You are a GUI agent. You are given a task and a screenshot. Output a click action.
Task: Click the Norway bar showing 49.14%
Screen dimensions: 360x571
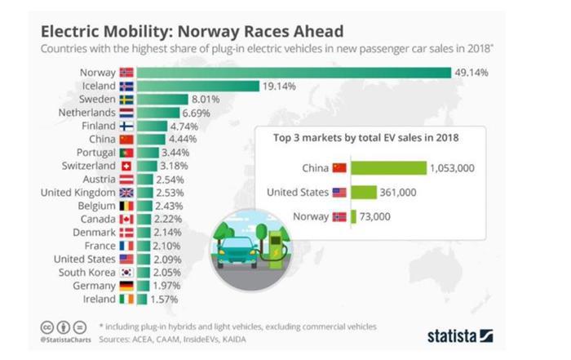pyautogui.click(x=294, y=73)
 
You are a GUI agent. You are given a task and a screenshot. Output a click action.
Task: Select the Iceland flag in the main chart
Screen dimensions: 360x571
pyautogui.click(x=126, y=86)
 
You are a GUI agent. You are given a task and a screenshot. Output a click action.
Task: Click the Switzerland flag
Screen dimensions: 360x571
pyautogui.click(x=126, y=166)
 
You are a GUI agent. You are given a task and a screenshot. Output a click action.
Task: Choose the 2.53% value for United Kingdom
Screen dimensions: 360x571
pyautogui.click(x=173, y=192)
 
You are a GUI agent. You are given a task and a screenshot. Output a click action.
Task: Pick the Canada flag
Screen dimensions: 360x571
pyautogui.click(x=126, y=219)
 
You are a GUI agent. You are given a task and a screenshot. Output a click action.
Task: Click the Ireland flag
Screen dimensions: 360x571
pyautogui.click(x=126, y=299)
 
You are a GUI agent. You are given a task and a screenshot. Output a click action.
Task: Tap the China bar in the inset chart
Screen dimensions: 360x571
pyautogui.click(x=388, y=168)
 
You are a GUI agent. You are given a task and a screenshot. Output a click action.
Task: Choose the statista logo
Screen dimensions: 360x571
pyautogui.click(x=460, y=335)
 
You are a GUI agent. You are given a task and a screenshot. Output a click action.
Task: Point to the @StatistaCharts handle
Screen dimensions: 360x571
pyautogui.click(x=64, y=337)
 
